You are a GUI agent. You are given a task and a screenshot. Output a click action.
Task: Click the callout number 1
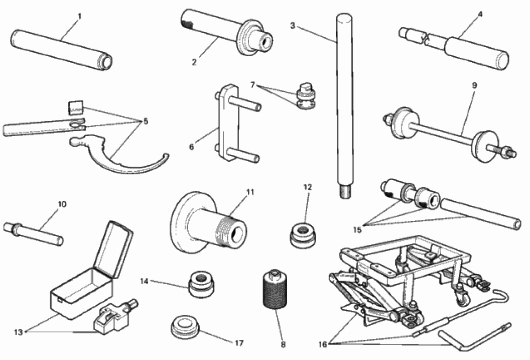coord(79,17)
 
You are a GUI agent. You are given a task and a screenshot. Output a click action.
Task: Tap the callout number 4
coord(480,14)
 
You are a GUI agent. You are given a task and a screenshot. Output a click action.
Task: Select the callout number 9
coord(474,85)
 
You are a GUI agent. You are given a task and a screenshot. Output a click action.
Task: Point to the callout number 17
coord(239,343)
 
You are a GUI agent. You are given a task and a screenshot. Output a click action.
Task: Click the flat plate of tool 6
coord(223,123)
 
